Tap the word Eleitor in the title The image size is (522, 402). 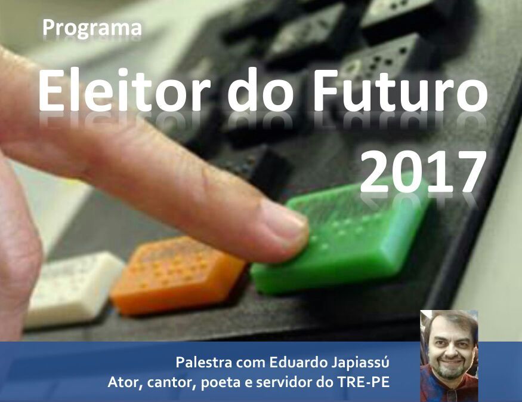pos(124,90)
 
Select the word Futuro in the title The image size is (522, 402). pos(400,90)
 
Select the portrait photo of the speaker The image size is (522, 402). pos(449,355)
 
